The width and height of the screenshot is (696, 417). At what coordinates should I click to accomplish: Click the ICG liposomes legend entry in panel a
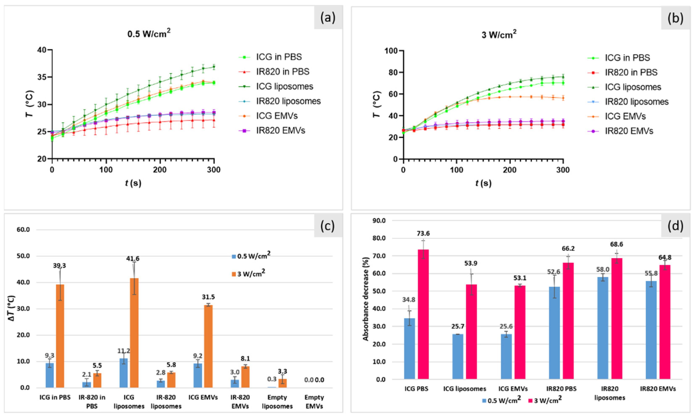click(x=285, y=86)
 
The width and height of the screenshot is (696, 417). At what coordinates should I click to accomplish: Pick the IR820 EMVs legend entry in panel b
click(x=629, y=131)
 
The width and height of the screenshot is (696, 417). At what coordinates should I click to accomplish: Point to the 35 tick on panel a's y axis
click(x=42, y=77)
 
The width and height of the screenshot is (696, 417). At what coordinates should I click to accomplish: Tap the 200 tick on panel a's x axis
click(x=160, y=170)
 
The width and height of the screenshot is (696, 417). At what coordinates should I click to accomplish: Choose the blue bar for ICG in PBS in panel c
click(x=50, y=375)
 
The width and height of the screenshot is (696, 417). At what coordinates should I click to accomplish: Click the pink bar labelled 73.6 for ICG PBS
click(x=423, y=314)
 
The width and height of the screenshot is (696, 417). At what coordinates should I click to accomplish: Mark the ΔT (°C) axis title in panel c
click(x=12, y=308)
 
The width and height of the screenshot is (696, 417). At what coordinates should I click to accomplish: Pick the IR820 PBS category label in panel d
click(x=561, y=389)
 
